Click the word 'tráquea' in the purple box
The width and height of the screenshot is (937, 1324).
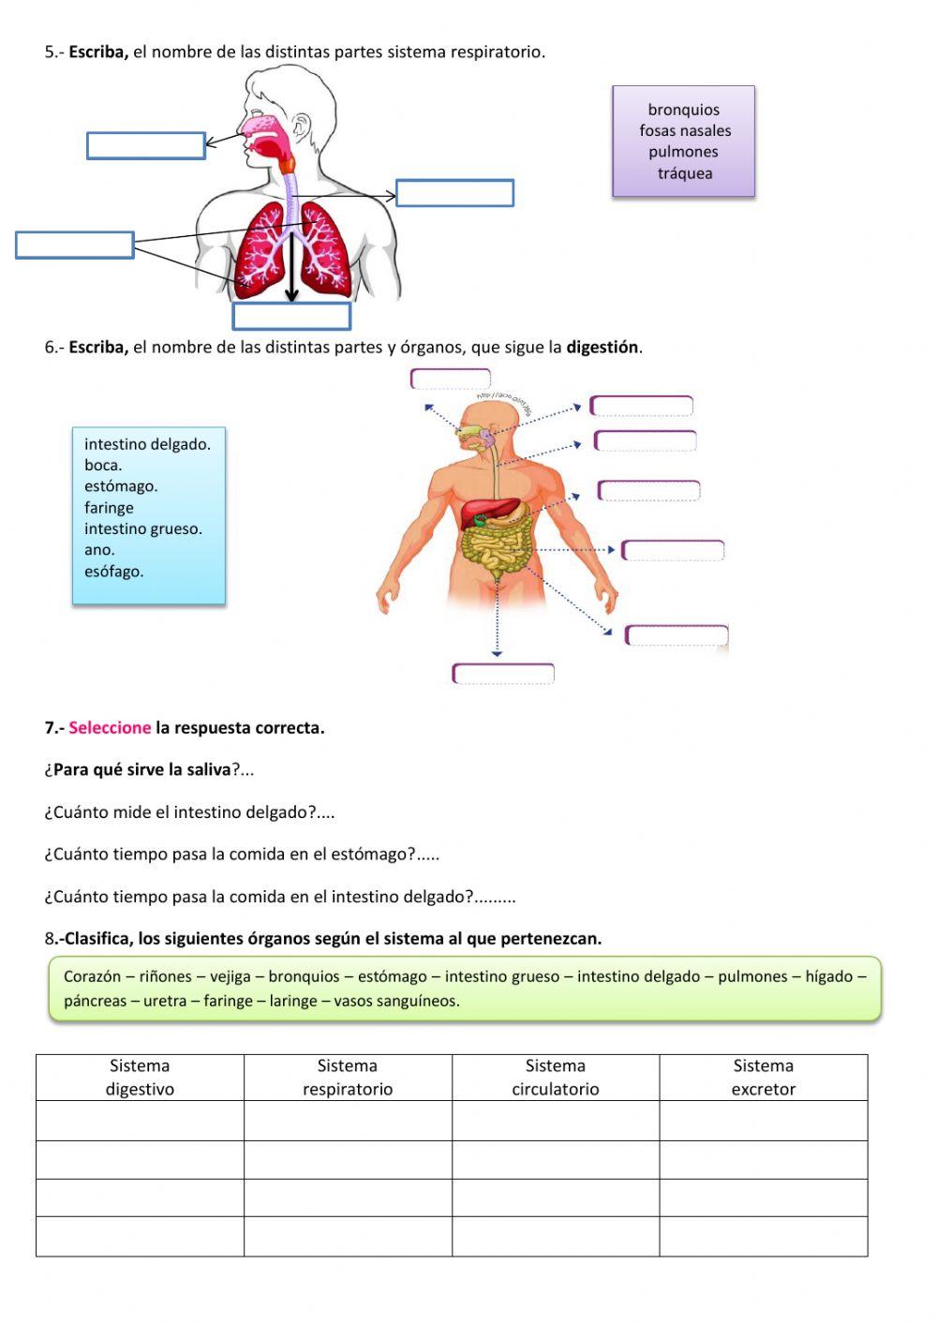click(x=684, y=173)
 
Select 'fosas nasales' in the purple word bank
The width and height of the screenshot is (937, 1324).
click(x=685, y=130)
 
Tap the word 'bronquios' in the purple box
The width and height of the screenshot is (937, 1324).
click(x=684, y=110)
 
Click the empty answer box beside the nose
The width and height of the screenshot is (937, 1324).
click(x=145, y=145)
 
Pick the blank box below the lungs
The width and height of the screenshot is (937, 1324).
click(x=291, y=316)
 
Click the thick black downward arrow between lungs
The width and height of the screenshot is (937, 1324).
click(x=291, y=267)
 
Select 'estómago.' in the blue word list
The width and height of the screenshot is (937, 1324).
click(x=121, y=486)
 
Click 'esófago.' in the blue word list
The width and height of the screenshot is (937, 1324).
click(x=113, y=572)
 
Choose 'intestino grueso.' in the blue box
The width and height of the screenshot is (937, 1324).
click(x=142, y=528)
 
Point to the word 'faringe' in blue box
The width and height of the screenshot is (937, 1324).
click(x=109, y=508)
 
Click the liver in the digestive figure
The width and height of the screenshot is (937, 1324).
click(x=489, y=511)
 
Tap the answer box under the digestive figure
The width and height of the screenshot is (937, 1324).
click(x=503, y=674)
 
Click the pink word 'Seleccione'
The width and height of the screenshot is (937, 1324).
click(x=110, y=728)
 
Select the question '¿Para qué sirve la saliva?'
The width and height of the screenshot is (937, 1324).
click(x=149, y=770)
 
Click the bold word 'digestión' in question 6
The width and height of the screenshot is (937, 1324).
click(x=602, y=348)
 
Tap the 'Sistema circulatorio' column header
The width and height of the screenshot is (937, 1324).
click(x=555, y=1078)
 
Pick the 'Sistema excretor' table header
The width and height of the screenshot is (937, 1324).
click(x=763, y=1078)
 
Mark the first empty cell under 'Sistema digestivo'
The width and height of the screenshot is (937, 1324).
click(x=140, y=1121)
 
